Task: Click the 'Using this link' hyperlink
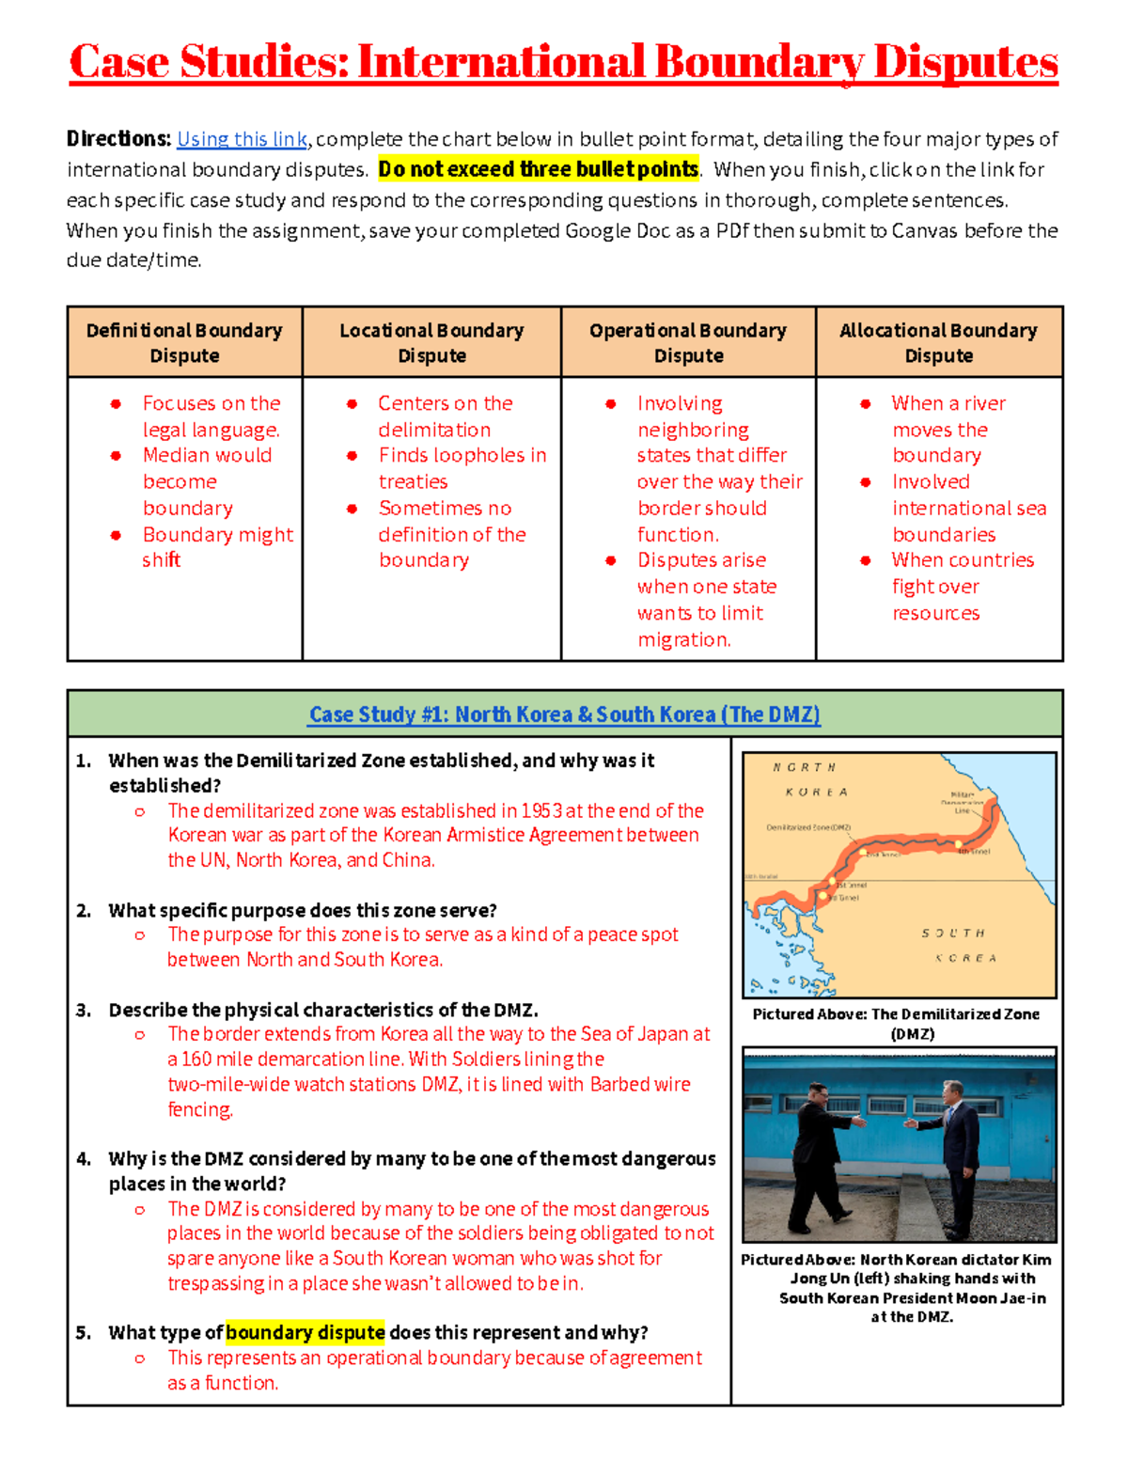click(x=242, y=139)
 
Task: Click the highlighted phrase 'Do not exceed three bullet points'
click(x=538, y=169)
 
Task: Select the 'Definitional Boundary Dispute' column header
click(x=184, y=342)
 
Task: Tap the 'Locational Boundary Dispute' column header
click(x=431, y=342)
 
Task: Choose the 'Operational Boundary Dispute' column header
click(x=688, y=342)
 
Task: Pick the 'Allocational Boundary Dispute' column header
click(x=938, y=342)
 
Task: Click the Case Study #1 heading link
click(x=564, y=714)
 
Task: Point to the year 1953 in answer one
click(x=541, y=810)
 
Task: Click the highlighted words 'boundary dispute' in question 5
click(x=305, y=1332)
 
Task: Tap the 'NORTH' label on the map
click(x=804, y=768)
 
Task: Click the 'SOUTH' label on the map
click(x=952, y=934)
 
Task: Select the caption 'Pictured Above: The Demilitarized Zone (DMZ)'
click(x=896, y=1024)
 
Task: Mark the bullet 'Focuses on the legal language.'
click(x=211, y=416)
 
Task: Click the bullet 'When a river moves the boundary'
click(x=948, y=429)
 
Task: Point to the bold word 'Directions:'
click(x=118, y=139)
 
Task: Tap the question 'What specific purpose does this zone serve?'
click(x=303, y=910)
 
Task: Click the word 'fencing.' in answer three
click(x=200, y=1109)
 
